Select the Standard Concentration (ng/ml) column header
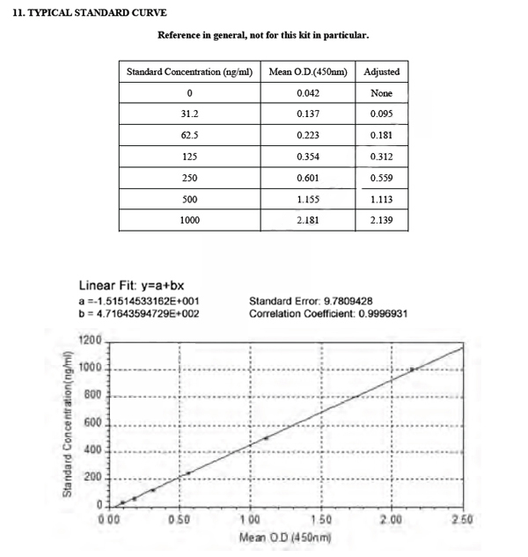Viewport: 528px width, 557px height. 189,71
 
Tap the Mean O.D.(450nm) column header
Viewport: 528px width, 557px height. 307,71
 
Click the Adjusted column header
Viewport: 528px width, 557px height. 381,71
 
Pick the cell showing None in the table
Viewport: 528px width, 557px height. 381,92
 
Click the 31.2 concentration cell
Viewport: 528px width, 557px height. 189,114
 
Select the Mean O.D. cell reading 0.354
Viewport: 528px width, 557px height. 307,157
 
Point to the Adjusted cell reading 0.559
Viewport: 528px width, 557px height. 381,178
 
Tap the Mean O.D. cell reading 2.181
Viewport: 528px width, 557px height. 307,220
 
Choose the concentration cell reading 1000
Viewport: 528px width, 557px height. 189,220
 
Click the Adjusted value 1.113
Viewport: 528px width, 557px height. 381,199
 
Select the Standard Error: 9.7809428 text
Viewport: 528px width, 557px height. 311,300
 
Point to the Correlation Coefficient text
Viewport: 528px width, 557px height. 326,312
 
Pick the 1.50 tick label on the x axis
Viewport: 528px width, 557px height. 321,520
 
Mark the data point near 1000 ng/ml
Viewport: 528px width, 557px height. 411,370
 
